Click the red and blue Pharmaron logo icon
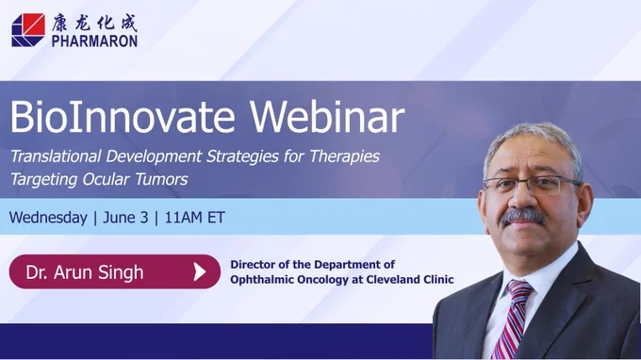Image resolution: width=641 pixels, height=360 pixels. click(28, 30)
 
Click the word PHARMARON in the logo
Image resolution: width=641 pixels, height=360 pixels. click(94, 41)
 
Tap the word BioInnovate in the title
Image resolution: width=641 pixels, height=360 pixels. click(123, 117)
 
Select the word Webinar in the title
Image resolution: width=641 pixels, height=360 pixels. click(327, 117)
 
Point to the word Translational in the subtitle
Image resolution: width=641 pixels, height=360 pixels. click(56, 156)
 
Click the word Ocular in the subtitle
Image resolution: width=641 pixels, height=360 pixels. click(106, 179)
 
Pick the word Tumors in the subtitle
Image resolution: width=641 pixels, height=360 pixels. click(161, 179)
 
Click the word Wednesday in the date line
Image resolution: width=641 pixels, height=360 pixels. click(48, 218)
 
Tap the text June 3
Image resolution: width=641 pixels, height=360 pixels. click(125, 218)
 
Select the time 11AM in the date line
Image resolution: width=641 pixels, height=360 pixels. click(184, 218)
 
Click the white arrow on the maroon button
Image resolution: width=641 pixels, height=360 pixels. click(200, 271)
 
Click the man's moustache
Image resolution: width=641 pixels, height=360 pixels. click(524, 216)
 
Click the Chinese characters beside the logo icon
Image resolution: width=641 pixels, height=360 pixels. click(94, 23)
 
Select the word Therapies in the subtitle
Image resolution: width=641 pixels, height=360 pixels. click(345, 156)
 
